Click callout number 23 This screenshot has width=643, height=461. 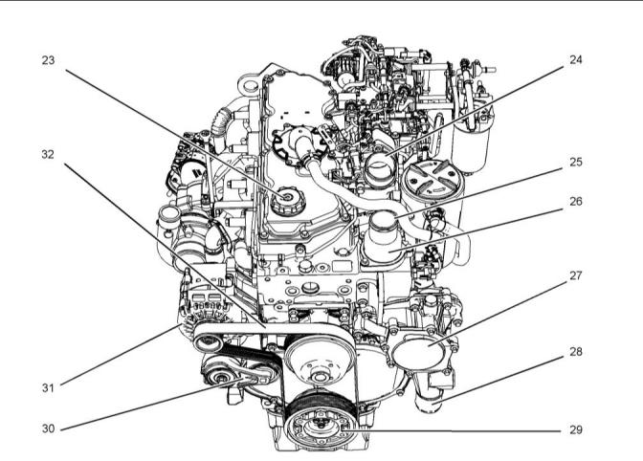click(48, 60)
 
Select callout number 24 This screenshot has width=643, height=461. click(575, 60)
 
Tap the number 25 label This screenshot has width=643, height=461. click(575, 163)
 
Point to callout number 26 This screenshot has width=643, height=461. click(575, 202)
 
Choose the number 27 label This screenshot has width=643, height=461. click(575, 275)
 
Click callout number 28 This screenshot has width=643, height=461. click(575, 352)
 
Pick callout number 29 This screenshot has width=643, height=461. click(575, 429)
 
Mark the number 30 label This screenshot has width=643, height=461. click(48, 428)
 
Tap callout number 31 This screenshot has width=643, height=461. click(48, 387)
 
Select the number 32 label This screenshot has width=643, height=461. click(48, 155)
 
